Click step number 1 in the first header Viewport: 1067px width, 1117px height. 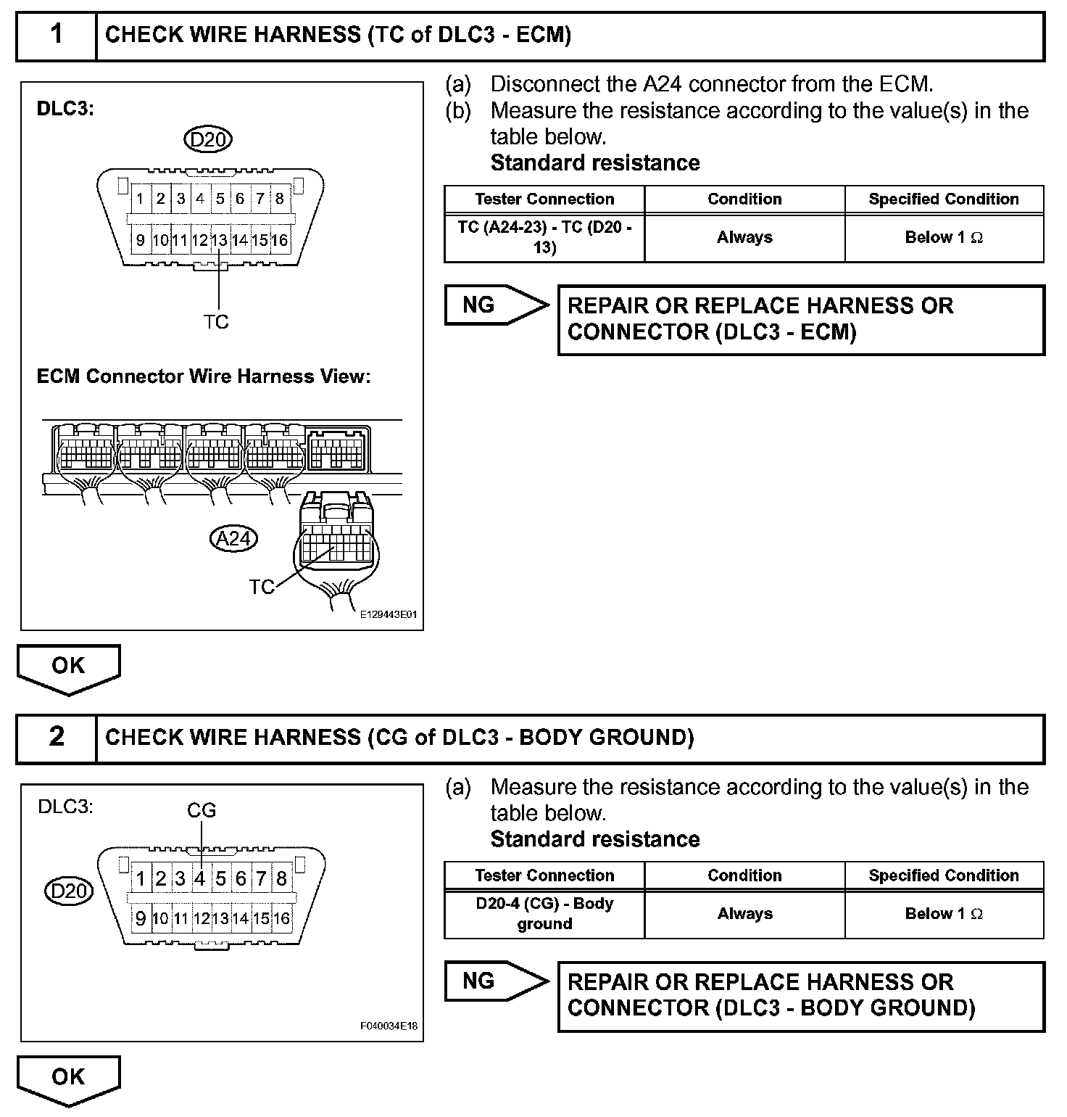[57, 35]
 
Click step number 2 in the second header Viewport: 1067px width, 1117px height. [57, 737]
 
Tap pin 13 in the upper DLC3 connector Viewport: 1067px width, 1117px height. [220, 240]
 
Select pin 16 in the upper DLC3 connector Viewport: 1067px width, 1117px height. [280, 240]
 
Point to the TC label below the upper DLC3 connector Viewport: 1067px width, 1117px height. [216, 321]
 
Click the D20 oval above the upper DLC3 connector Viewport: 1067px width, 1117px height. [208, 139]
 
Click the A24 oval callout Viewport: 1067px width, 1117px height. [233, 538]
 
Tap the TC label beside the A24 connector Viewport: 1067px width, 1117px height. [262, 587]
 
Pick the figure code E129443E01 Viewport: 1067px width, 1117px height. [389, 614]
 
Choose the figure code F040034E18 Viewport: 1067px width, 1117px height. [389, 1026]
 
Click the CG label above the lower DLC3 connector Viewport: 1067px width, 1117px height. [202, 810]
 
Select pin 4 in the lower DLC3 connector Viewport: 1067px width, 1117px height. [200, 879]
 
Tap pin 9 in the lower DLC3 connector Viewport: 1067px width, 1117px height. [141, 919]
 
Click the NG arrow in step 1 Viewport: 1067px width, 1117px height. [496, 305]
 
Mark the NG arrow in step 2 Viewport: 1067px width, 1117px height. [496, 981]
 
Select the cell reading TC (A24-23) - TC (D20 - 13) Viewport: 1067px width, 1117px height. [544, 237]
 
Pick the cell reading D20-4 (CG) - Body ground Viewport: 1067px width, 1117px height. [544, 914]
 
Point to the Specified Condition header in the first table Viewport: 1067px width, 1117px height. [944, 199]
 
